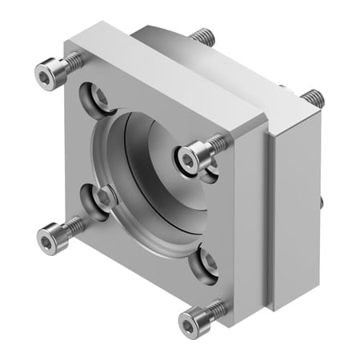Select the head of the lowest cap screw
tap(190, 322)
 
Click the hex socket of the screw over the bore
tap(187, 161)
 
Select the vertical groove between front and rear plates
tap(270, 216)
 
